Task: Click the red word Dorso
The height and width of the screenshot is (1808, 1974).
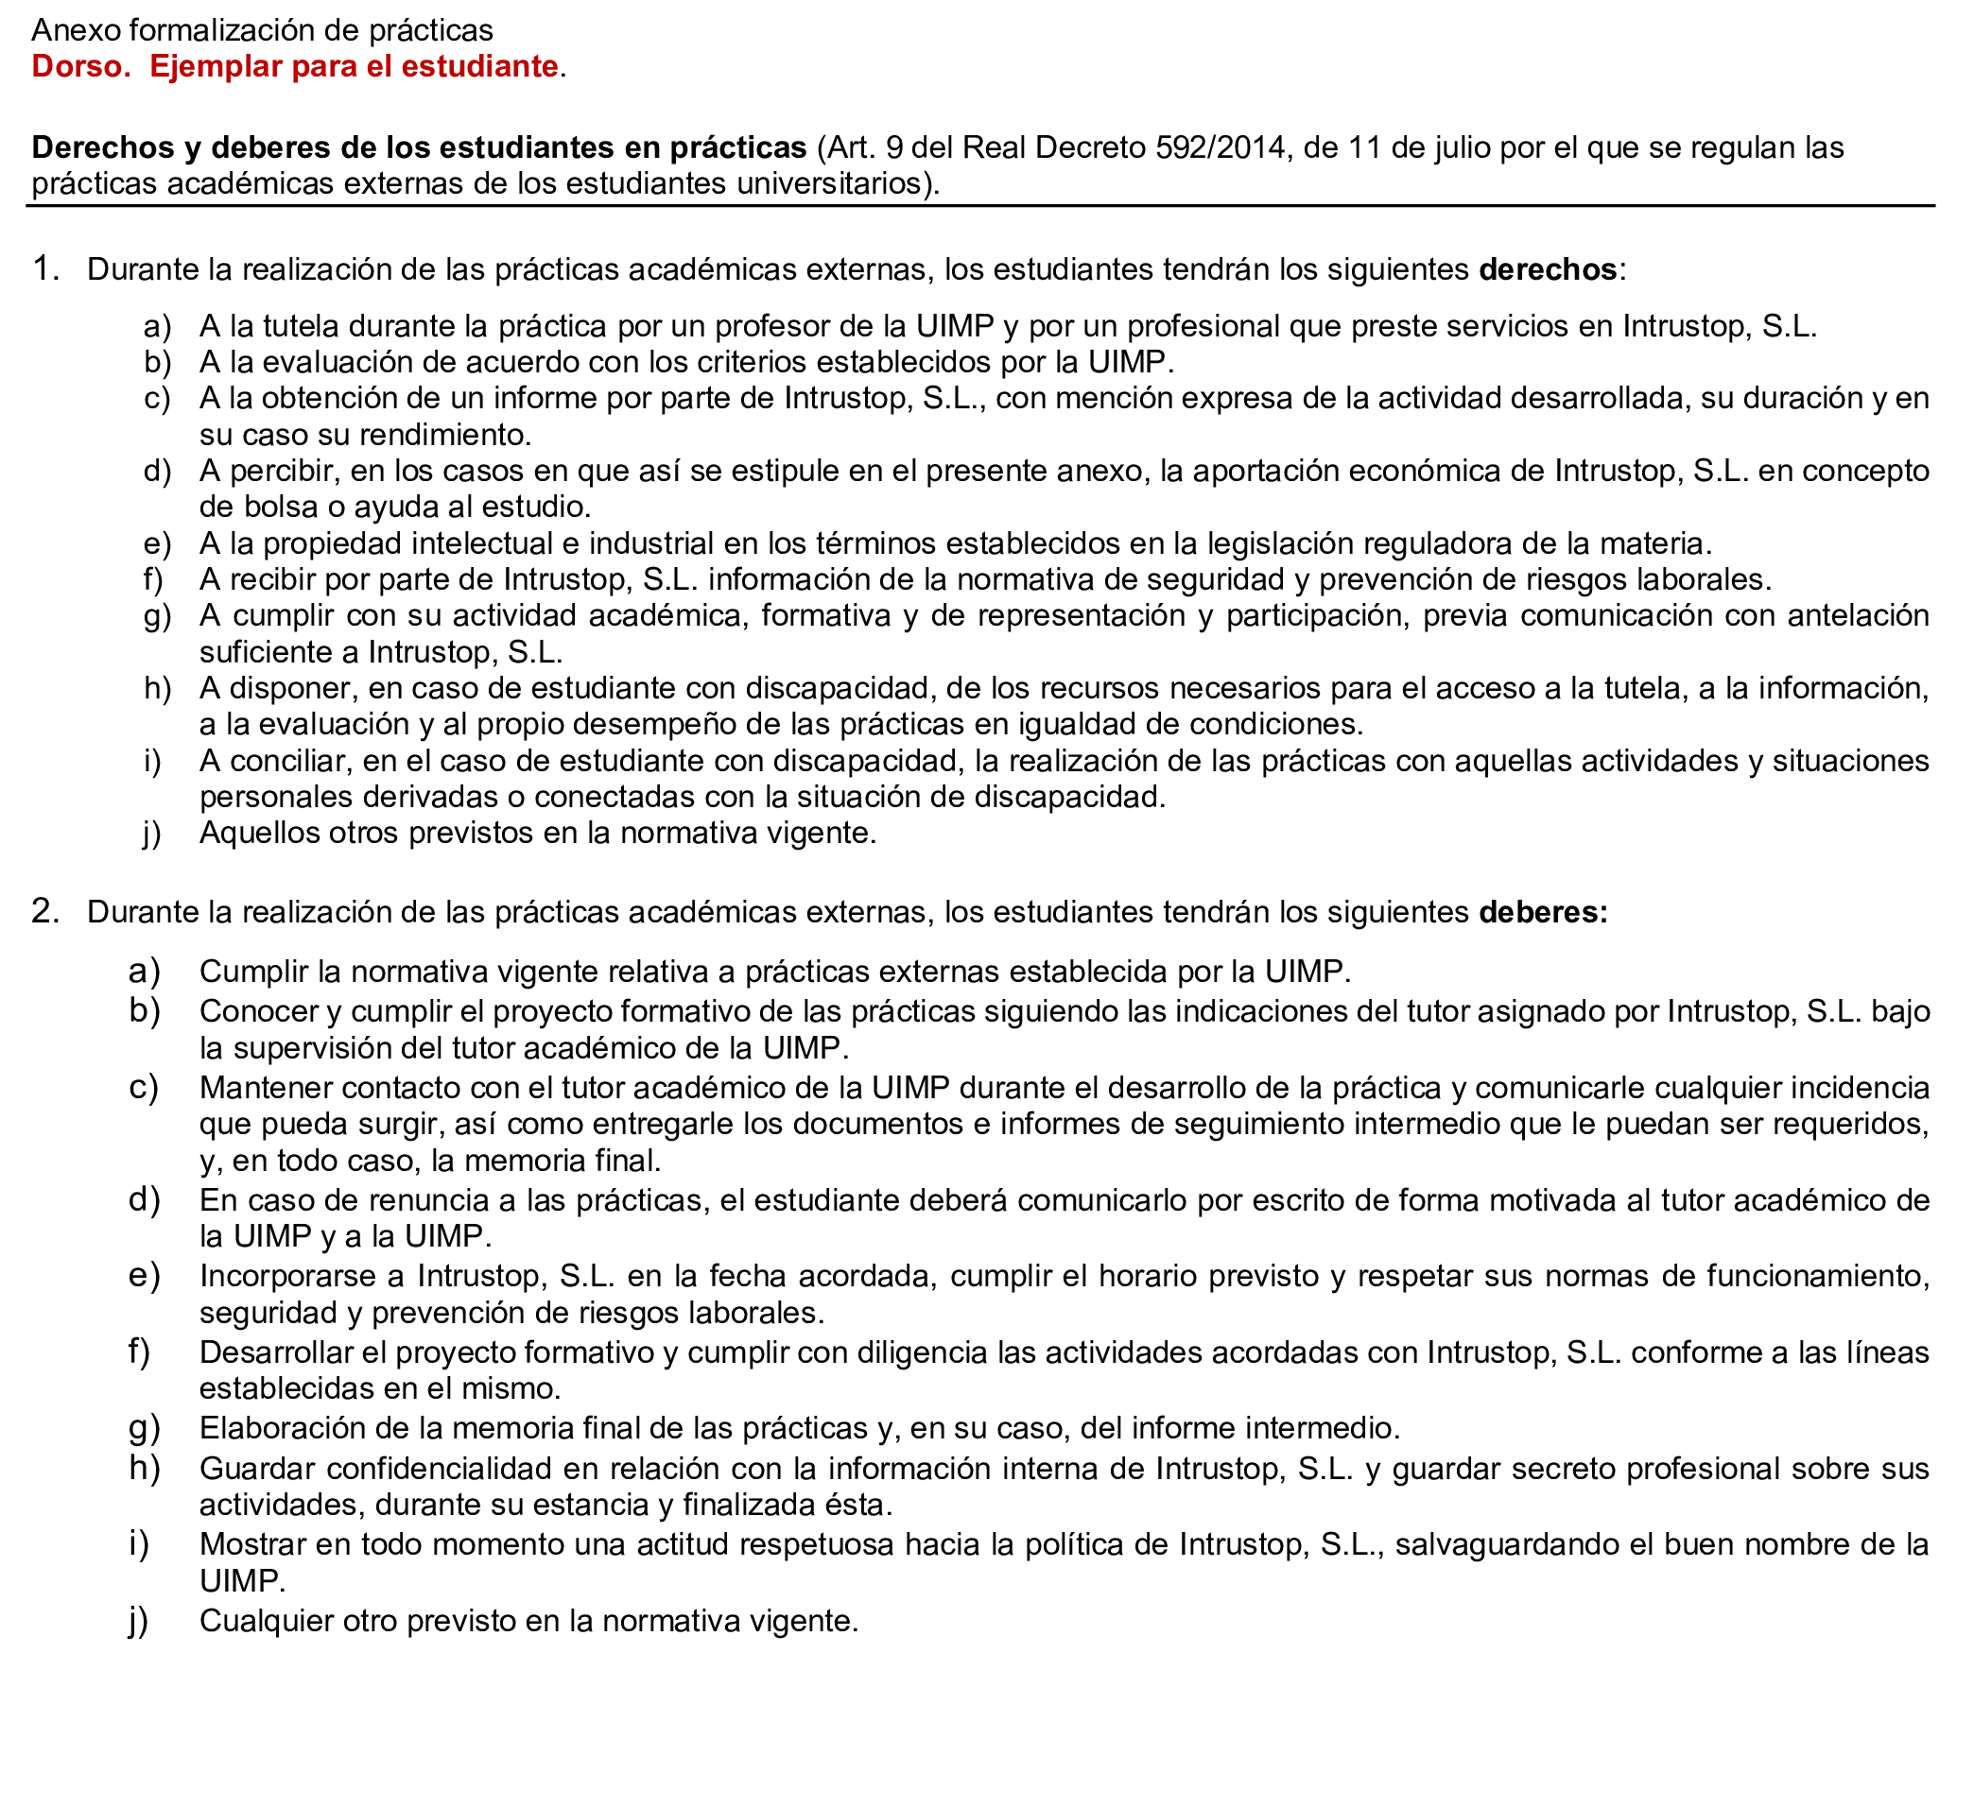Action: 80,66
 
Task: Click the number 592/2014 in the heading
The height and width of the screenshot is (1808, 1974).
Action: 1217,147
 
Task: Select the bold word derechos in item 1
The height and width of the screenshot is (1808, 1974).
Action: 1547,269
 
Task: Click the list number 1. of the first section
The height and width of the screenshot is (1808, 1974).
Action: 46,268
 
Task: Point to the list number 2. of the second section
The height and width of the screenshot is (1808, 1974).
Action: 46,911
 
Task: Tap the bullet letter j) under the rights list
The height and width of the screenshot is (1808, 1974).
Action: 151,833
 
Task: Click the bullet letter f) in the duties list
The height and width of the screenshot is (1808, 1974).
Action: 139,1352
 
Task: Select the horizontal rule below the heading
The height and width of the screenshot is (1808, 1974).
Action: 979,207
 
